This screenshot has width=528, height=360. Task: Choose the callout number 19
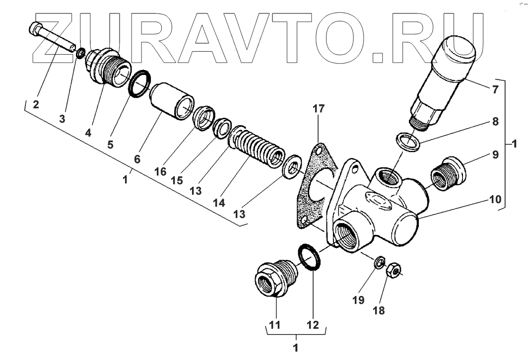pyautogui.click(x=358, y=300)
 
